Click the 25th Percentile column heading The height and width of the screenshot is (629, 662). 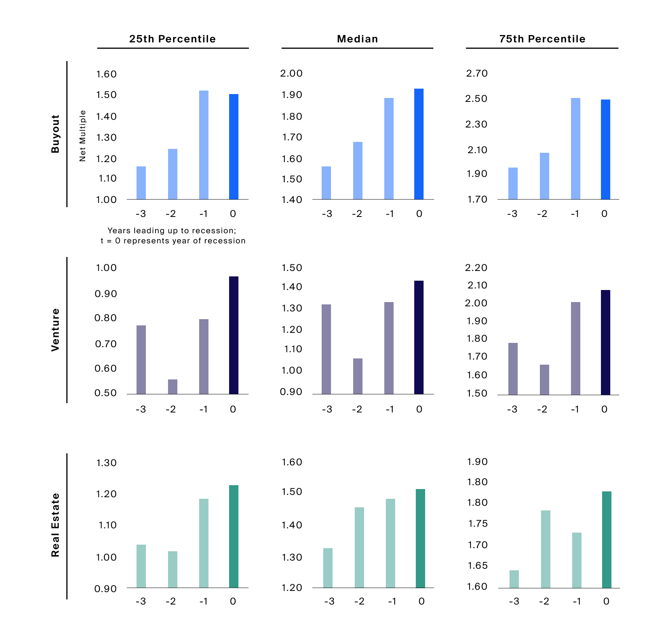(x=172, y=39)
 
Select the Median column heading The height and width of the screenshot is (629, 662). (x=357, y=39)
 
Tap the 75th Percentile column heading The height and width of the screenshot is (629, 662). (x=542, y=39)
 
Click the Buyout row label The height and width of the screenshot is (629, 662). (x=56, y=134)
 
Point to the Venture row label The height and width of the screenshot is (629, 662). (x=56, y=330)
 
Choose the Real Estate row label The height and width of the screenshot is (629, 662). (x=56, y=525)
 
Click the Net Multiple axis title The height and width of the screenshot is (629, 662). (x=82, y=136)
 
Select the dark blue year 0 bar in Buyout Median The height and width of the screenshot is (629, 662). (x=419, y=144)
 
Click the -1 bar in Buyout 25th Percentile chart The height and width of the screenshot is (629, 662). (x=203, y=145)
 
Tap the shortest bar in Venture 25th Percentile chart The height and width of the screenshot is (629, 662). (x=172, y=387)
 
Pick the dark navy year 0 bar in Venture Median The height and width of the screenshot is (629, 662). (x=419, y=337)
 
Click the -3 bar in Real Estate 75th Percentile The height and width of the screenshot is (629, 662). (x=514, y=579)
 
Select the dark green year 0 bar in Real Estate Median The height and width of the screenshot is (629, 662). (x=420, y=538)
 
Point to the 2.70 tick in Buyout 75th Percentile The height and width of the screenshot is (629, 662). (x=477, y=73)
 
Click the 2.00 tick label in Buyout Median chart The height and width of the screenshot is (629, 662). (x=291, y=73)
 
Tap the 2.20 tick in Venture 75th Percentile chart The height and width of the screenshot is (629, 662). (x=476, y=267)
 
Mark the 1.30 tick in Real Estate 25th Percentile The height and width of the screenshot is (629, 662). (x=107, y=463)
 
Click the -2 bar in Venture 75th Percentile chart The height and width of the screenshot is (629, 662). (x=544, y=379)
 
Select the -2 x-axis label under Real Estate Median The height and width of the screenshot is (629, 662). (x=359, y=601)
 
